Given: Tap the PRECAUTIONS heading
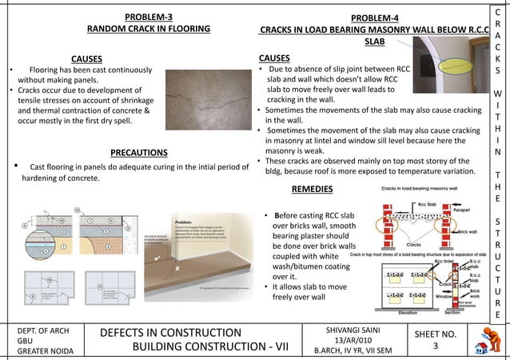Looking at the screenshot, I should click(138, 153).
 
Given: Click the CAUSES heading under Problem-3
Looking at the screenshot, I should click(86, 58).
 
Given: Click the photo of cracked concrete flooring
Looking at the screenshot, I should click(207, 99).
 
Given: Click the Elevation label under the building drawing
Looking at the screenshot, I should click(407, 314).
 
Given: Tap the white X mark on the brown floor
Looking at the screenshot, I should click(177, 268).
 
